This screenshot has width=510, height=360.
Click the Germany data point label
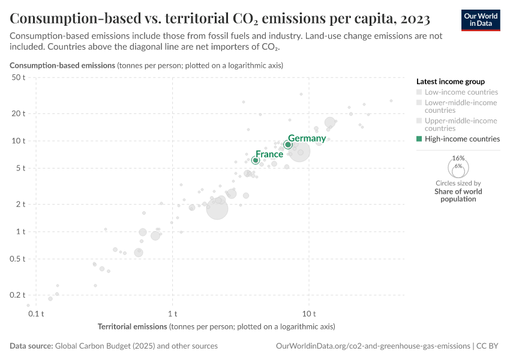pos(307,139)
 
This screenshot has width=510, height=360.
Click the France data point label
pos(269,154)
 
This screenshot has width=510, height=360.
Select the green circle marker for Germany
pos(288,145)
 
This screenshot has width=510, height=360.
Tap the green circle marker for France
pos(256,160)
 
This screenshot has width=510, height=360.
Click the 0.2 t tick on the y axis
pos(17,295)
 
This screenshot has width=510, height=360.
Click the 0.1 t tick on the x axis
pos(37,314)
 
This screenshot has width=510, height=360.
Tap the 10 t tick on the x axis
pos(309,314)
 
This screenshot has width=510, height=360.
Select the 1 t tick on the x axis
pos(173,314)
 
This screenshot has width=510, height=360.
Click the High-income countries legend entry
pos(461,139)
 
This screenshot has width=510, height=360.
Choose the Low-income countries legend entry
pos(461,92)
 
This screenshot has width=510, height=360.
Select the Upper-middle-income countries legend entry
pos(461,124)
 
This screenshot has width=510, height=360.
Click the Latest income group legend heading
pos(450,81)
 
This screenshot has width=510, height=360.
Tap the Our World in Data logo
pos(480,19)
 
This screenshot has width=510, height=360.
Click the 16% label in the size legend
pos(458,158)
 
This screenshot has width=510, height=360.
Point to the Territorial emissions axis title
pos(132,327)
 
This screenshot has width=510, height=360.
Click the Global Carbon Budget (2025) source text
pos(136,346)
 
